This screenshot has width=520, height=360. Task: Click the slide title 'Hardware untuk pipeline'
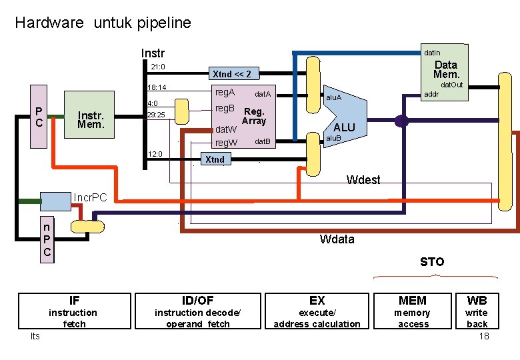click(x=103, y=23)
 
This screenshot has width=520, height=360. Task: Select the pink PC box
click(x=40, y=118)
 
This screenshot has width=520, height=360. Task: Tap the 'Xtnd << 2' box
click(x=231, y=74)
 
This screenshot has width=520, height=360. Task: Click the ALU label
click(x=344, y=127)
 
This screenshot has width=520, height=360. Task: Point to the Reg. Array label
click(x=254, y=117)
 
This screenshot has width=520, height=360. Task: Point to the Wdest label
click(x=363, y=179)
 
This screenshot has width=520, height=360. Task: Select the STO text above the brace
click(x=432, y=261)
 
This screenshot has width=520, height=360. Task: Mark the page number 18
click(x=484, y=336)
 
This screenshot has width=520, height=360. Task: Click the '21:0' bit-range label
click(x=158, y=67)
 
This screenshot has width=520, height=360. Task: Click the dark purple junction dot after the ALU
click(x=401, y=121)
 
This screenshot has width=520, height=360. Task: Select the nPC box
click(x=46, y=239)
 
